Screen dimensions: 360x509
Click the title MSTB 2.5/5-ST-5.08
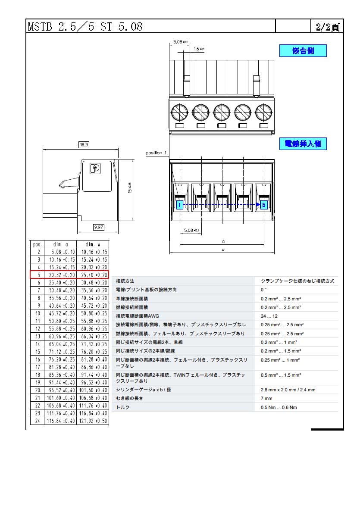pyautogui.click(x=85, y=26)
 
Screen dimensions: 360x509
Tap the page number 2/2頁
pyautogui.click(x=328, y=27)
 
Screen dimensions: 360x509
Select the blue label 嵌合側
pyautogui.click(x=303, y=50)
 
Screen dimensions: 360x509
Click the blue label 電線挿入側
pyautogui.click(x=303, y=144)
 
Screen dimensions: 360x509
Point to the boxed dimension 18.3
pyautogui.click(x=84, y=145)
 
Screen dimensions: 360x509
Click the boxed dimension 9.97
pyautogui.click(x=99, y=227)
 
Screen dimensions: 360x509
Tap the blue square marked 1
pyautogui.click(x=179, y=205)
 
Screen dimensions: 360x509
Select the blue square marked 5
pyautogui.click(x=264, y=205)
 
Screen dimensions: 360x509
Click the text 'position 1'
pyautogui.click(x=156, y=153)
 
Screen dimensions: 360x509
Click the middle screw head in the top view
pyautogui.click(x=222, y=112)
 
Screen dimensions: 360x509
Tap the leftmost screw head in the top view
pyautogui.click(x=179, y=112)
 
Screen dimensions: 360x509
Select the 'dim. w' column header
pyautogui.click(x=93, y=244)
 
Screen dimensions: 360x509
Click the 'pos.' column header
pyautogui.click(x=38, y=244)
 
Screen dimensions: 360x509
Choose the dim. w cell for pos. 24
pyautogui.click(x=93, y=421)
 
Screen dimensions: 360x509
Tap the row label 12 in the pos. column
pyautogui.click(x=38, y=329)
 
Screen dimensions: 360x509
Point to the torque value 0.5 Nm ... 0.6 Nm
pyautogui.click(x=279, y=407)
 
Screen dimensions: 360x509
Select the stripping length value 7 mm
pyautogui.click(x=266, y=398)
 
